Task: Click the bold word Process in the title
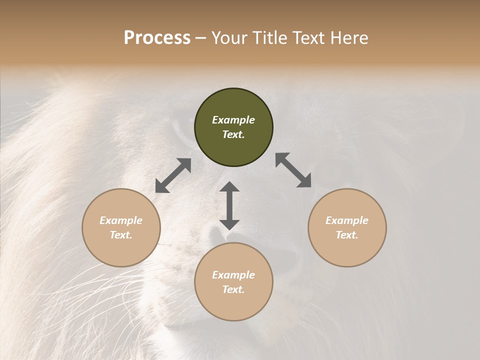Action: tap(157, 38)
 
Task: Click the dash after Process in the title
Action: tap(200, 39)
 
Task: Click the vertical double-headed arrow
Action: tap(229, 205)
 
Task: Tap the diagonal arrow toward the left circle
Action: tap(173, 175)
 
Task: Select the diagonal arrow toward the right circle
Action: tap(293, 170)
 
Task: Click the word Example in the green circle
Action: tap(233, 120)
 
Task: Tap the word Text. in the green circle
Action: tap(233, 134)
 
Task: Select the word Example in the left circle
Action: tap(121, 220)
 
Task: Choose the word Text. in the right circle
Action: tap(347, 235)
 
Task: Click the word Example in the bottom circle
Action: tap(233, 275)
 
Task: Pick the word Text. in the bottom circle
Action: tap(233, 289)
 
